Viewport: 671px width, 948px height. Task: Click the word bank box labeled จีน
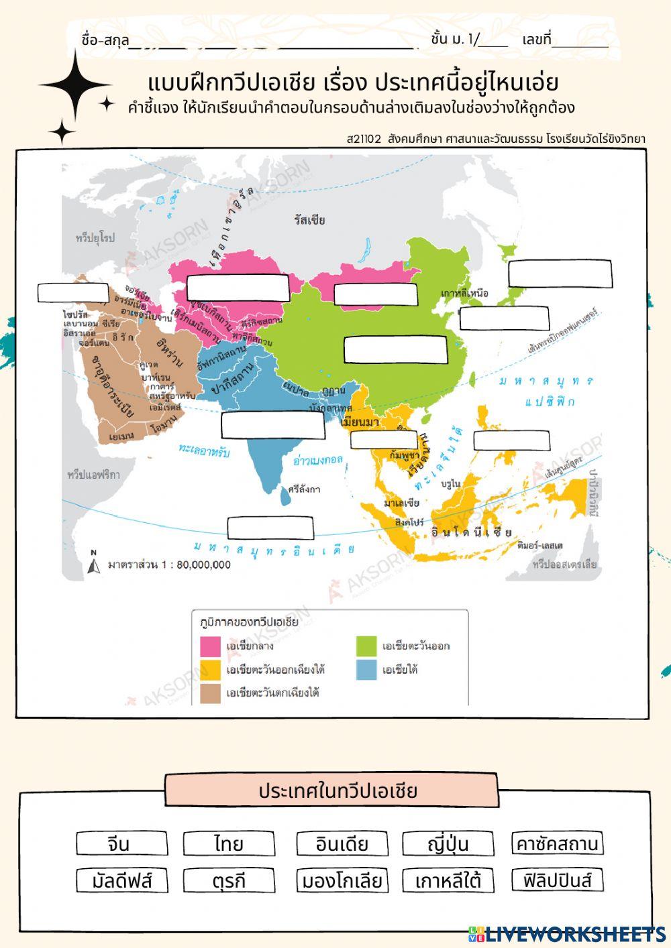pyautogui.click(x=118, y=843)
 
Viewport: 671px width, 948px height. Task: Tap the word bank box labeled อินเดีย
pyautogui.click(x=342, y=843)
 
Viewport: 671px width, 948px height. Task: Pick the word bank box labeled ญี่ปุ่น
pyautogui.click(x=448, y=843)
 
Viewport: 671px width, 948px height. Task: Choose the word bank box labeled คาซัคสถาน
pyautogui.click(x=557, y=843)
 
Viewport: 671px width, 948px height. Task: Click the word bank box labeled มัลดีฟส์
pyautogui.click(x=122, y=880)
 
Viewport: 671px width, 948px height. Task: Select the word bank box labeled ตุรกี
pyautogui.click(x=229, y=880)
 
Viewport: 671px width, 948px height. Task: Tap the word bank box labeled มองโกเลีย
pyautogui.click(x=342, y=880)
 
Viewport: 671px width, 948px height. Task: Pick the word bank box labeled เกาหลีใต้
pyautogui.click(x=448, y=880)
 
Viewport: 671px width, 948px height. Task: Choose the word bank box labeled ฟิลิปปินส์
pyautogui.click(x=557, y=880)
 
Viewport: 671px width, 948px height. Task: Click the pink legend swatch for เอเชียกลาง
pyautogui.click(x=211, y=646)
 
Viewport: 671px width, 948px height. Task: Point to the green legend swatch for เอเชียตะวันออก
pyautogui.click(x=366, y=646)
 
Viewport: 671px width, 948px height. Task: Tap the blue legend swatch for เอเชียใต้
pyautogui.click(x=366, y=670)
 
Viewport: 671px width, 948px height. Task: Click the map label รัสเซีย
pyautogui.click(x=309, y=220)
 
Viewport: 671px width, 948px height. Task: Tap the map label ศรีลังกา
pyautogui.click(x=304, y=489)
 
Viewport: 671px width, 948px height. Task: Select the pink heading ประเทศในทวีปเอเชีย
pyautogui.click(x=331, y=790)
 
